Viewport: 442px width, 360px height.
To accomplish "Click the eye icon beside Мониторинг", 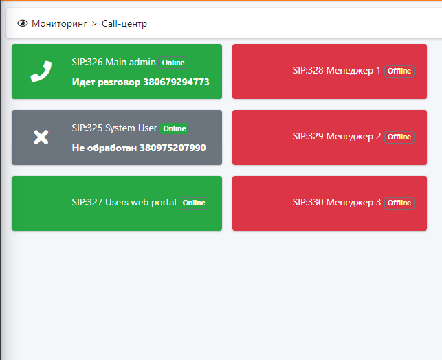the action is [x=23, y=23].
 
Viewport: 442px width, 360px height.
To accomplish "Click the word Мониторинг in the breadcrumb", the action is [x=59, y=23].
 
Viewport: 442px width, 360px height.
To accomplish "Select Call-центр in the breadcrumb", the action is [x=124, y=23].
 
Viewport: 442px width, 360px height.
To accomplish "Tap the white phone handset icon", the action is [x=41, y=71].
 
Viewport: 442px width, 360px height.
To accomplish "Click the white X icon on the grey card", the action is [x=41, y=137].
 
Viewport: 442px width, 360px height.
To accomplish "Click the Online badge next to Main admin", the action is [x=173, y=63].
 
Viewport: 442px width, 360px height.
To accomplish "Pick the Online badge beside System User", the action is [x=175, y=128].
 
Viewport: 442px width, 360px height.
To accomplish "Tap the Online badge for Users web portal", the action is [x=194, y=203].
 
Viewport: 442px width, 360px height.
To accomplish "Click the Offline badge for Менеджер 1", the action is [x=399, y=71].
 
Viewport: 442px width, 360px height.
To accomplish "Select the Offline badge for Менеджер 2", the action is [x=399, y=137].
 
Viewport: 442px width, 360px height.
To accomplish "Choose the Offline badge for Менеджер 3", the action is [x=399, y=203].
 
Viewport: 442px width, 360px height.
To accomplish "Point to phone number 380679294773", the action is [x=177, y=82].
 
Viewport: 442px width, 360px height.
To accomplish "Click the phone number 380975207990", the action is [x=173, y=148].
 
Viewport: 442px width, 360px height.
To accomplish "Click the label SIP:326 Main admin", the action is [x=113, y=62].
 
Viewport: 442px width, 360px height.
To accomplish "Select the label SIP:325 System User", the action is [x=114, y=128].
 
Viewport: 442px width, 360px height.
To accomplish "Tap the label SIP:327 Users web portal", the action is [x=124, y=202].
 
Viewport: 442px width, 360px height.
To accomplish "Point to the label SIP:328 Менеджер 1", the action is [x=337, y=71].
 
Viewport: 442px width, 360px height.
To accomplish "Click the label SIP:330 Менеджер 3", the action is [x=337, y=202].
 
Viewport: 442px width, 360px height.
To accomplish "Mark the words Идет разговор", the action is [x=106, y=82].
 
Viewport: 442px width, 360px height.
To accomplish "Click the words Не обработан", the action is [x=104, y=148].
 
